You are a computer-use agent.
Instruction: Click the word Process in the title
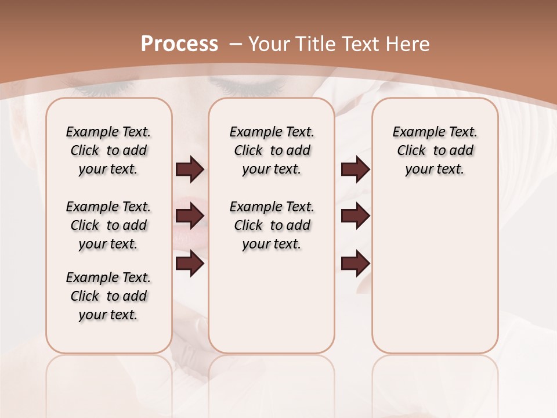(180, 44)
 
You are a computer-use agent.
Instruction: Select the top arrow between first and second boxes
(190, 170)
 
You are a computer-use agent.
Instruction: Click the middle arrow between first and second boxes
(190, 216)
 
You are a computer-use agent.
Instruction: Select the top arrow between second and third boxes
(355, 170)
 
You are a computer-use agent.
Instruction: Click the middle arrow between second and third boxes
(355, 216)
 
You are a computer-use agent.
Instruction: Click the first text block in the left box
(108, 150)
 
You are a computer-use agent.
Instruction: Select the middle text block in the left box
(108, 225)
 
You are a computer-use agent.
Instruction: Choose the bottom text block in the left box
(108, 296)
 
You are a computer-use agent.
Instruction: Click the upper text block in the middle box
(272, 150)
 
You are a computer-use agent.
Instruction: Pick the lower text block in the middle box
(272, 225)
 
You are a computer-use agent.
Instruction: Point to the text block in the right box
(435, 150)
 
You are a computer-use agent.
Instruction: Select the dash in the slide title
(236, 44)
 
